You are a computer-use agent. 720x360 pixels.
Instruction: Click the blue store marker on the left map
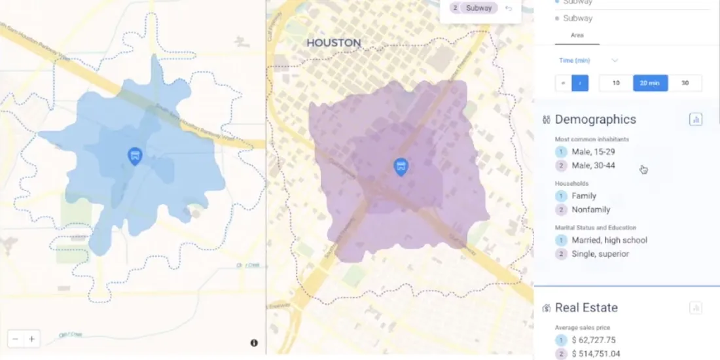pyautogui.click(x=135, y=156)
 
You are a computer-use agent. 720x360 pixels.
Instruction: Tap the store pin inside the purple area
pyautogui.click(x=401, y=166)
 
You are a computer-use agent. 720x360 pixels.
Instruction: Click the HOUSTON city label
pyautogui.click(x=334, y=43)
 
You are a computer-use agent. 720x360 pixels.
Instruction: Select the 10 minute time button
pyautogui.click(x=616, y=83)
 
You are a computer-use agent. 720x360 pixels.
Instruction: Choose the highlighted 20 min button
pyautogui.click(x=650, y=83)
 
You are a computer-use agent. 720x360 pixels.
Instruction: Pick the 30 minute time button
pyautogui.click(x=685, y=83)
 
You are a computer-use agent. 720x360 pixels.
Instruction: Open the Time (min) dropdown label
pyautogui.click(x=575, y=60)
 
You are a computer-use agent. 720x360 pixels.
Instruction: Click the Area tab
pyautogui.click(x=577, y=35)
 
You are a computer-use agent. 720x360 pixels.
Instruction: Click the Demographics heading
pyautogui.click(x=595, y=119)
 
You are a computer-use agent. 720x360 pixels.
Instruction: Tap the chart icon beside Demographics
pyautogui.click(x=696, y=119)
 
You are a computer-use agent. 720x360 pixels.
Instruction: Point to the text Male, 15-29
pyautogui.click(x=593, y=152)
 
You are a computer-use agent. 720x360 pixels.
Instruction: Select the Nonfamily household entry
pyautogui.click(x=590, y=209)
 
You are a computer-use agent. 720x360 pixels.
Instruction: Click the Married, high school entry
pyautogui.click(x=609, y=240)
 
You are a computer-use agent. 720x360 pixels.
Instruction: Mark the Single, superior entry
pyautogui.click(x=600, y=254)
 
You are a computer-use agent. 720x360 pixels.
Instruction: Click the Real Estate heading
pyautogui.click(x=586, y=308)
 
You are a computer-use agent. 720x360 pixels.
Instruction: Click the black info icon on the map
pyautogui.click(x=254, y=343)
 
